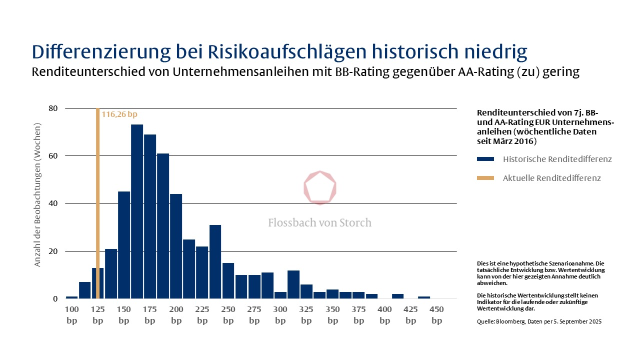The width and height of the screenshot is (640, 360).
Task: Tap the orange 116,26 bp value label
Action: pyautogui.click(x=119, y=114)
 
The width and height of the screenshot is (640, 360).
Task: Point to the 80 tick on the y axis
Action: pyautogui.click(x=53, y=108)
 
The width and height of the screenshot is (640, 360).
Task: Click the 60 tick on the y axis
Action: pyautogui.click(x=53, y=156)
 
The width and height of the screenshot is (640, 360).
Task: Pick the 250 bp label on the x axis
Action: pyautogui.click(x=228, y=315)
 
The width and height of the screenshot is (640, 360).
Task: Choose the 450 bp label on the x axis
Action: pyautogui.click(x=437, y=315)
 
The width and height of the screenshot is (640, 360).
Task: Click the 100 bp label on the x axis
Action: pyautogui.click(x=72, y=315)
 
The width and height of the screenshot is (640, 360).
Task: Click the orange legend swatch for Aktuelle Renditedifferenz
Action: pyautogui.click(x=485, y=178)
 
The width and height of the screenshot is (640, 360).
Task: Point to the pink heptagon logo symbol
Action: pyautogui.click(x=320, y=188)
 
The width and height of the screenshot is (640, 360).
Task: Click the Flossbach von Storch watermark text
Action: pyautogui.click(x=320, y=222)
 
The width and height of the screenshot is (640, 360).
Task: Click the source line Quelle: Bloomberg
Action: pyautogui.click(x=539, y=321)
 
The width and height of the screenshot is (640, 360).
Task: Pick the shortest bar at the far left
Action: pyautogui.click(x=72, y=297)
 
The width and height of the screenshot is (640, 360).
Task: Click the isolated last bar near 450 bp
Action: pyautogui.click(x=424, y=297)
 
